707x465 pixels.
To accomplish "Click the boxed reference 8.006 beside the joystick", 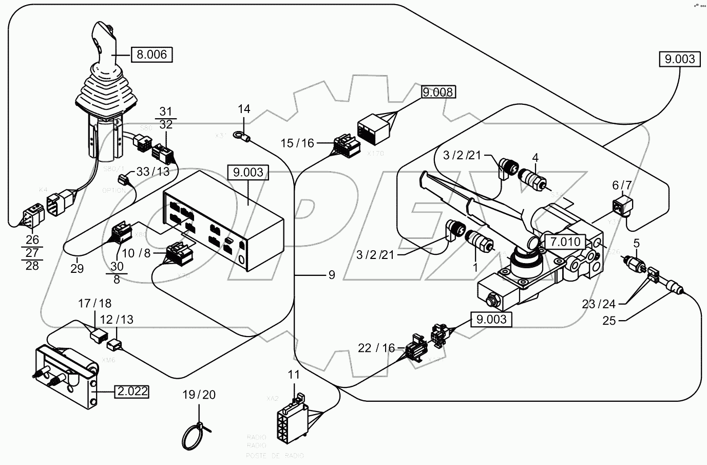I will tap(151, 54).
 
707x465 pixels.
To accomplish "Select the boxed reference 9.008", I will tap(438, 92).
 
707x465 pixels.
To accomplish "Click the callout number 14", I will tap(244, 109).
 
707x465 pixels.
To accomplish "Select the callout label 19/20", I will tap(199, 395).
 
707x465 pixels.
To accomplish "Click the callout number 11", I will tap(293, 375).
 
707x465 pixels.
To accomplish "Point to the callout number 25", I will tap(609, 321).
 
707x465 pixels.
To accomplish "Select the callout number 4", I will tap(535, 157).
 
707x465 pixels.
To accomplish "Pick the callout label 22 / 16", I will tap(377, 348).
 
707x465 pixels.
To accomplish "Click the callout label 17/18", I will tap(94, 304).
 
